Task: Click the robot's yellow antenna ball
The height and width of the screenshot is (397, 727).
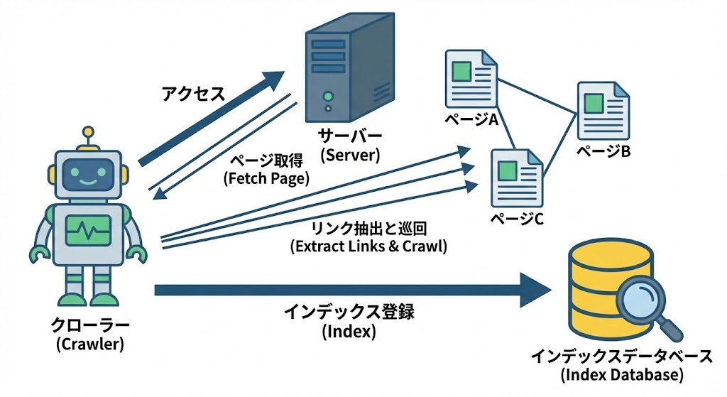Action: tap(87, 131)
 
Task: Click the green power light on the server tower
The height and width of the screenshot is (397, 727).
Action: tap(327, 95)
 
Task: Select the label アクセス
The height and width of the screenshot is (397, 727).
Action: tap(194, 93)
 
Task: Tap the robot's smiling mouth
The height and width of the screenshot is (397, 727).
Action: tap(87, 181)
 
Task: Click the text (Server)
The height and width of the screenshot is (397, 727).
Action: tap(350, 154)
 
